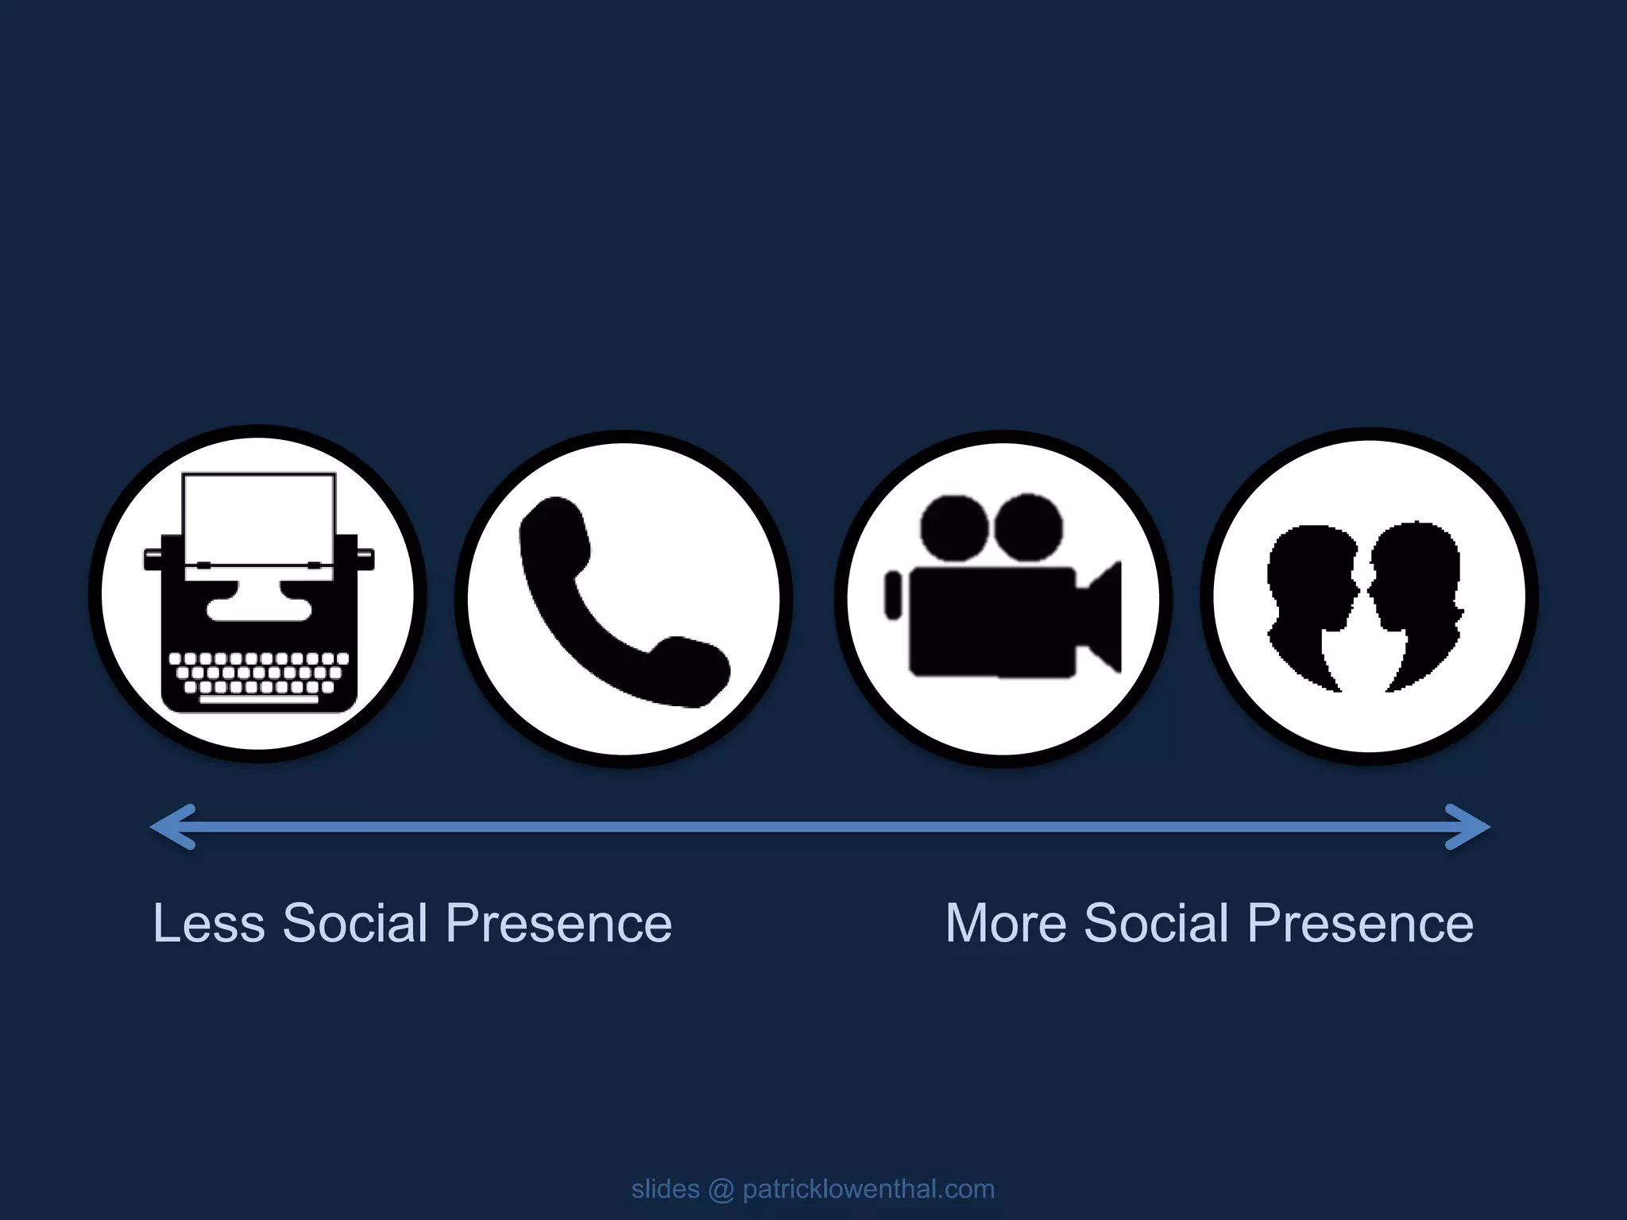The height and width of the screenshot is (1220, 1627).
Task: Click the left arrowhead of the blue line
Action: click(x=171, y=827)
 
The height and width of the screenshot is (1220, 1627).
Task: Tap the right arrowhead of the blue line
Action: click(x=1470, y=827)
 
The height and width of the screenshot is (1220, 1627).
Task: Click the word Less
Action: click(x=208, y=924)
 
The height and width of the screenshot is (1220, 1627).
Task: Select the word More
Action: click(x=1005, y=924)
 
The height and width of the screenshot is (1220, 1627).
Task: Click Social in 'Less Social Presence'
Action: click(x=355, y=924)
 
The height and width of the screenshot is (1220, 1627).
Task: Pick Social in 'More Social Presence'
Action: click(x=1156, y=924)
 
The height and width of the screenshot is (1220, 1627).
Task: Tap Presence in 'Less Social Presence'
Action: click(x=559, y=924)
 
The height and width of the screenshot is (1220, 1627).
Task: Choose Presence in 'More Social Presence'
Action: click(x=1360, y=924)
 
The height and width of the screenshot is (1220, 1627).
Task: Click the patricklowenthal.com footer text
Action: click(x=868, y=1189)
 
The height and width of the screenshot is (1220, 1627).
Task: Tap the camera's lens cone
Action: click(x=1100, y=616)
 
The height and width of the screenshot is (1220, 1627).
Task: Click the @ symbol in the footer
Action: click(x=721, y=1189)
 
